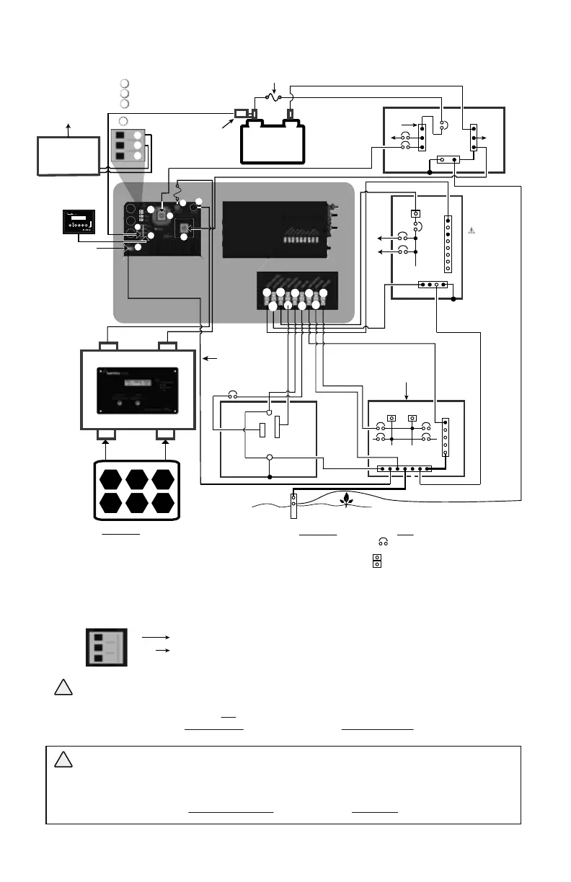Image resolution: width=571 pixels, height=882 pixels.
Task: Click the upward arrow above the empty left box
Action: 68,129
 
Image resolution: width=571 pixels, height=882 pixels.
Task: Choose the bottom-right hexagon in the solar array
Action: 162,502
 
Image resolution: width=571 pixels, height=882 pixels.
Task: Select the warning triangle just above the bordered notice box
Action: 62,687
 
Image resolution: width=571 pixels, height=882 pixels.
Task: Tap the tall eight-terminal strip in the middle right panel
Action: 448,243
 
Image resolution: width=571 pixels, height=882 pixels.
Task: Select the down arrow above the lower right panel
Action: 407,390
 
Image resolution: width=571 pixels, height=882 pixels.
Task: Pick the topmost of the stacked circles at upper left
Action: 124,83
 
